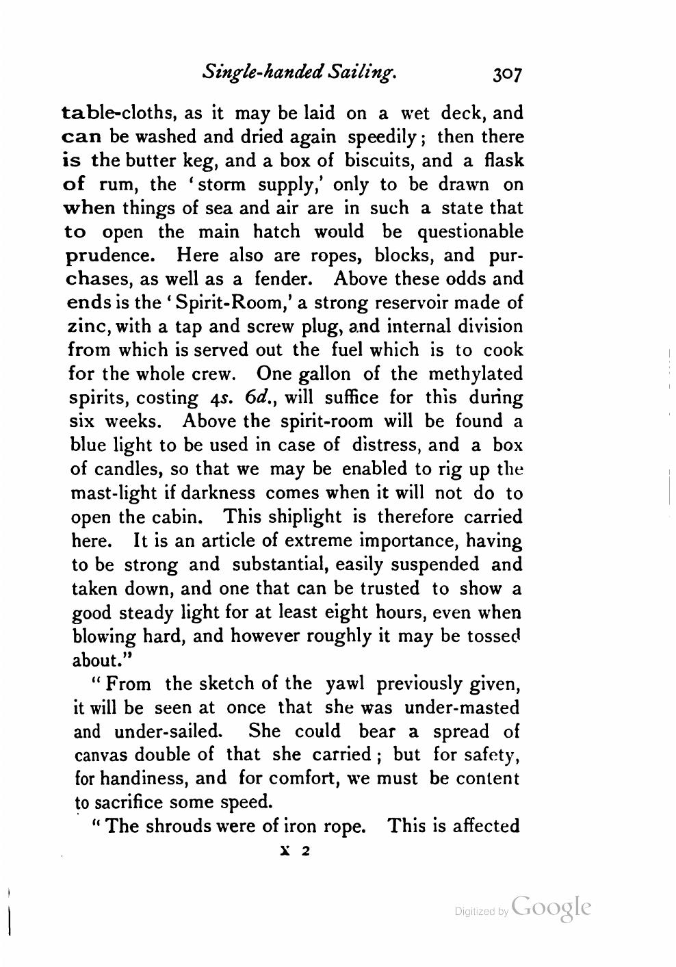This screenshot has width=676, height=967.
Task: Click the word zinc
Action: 89,326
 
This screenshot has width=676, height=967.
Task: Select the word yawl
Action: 347,683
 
